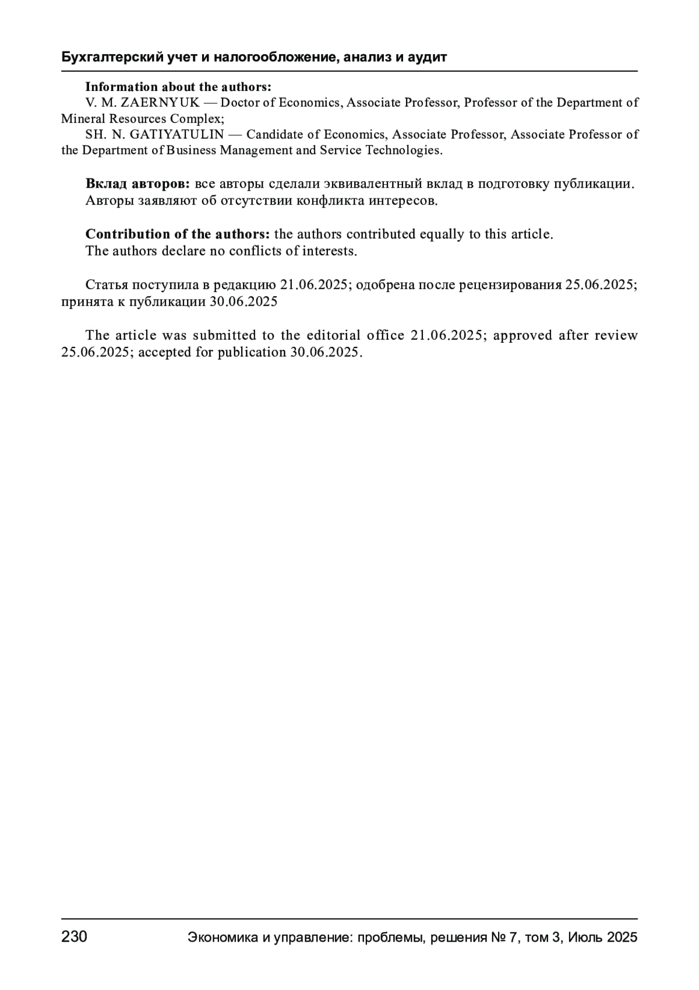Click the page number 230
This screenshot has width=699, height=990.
coord(74,937)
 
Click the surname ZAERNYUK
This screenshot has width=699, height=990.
coord(160,103)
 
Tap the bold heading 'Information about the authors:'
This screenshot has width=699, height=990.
coord(178,87)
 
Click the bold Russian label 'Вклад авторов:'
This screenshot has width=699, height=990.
coord(137,184)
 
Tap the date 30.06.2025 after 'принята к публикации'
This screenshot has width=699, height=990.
coord(243,302)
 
